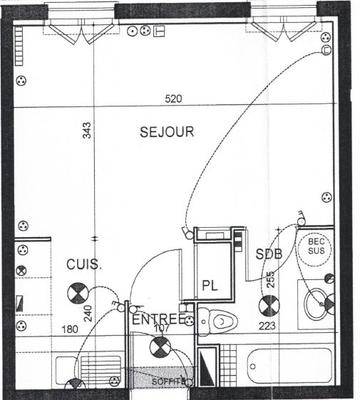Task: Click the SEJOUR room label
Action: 166,131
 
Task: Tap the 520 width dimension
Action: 177,99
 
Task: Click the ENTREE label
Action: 157,318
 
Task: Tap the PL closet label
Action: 211,284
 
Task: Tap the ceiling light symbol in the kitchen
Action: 77,294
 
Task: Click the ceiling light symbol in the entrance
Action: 157,349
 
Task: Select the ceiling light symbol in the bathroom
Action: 268,306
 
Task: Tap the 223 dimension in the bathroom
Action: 267,325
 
